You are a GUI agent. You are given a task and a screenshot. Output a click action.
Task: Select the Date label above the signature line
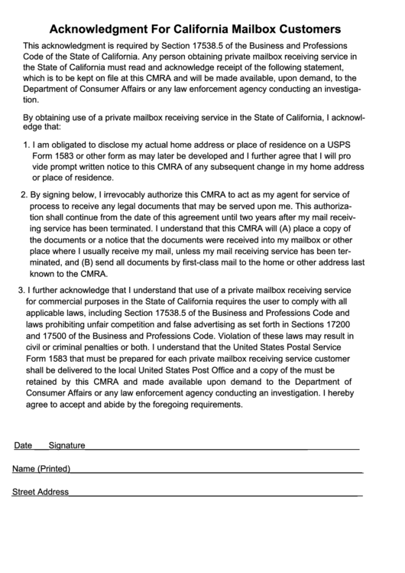(x=23, y=445)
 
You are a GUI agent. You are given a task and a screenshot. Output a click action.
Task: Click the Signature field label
(x=66, y=445)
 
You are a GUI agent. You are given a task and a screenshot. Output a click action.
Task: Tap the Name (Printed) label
(x=41, y=468)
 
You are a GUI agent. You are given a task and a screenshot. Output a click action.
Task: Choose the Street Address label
(x=40, y=492)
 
